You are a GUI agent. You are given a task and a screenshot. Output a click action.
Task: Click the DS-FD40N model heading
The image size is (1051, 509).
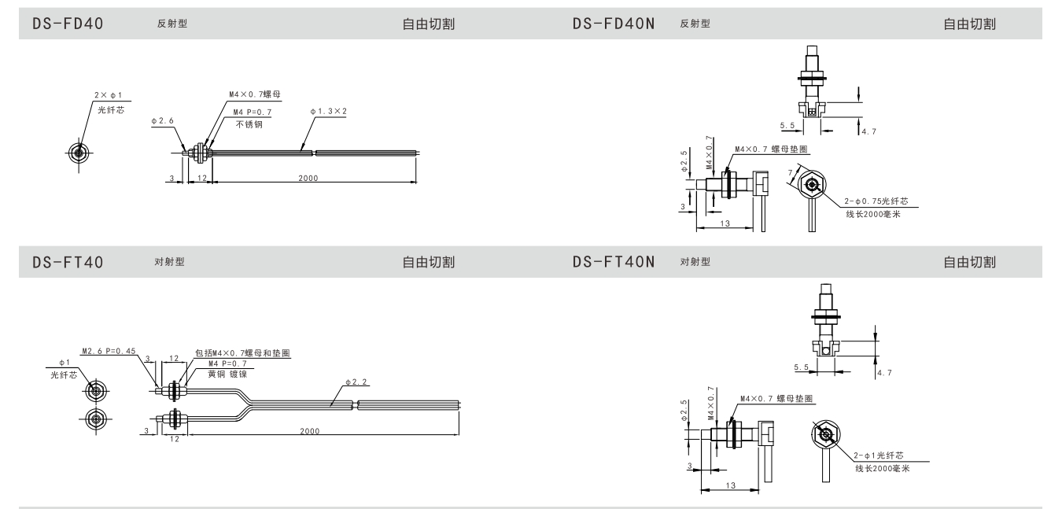pos(616,24)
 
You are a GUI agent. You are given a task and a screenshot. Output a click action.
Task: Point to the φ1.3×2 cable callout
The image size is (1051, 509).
pos(328,111)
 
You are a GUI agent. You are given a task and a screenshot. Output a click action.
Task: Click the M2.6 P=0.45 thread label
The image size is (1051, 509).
pos(107,351)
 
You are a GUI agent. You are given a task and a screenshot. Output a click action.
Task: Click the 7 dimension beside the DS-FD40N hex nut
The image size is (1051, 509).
pos(789,172)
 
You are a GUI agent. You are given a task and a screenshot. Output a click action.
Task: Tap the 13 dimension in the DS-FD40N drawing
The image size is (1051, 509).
pos(725,224)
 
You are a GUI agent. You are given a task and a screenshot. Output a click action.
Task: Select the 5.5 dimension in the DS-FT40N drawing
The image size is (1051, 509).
pos(802,367)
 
